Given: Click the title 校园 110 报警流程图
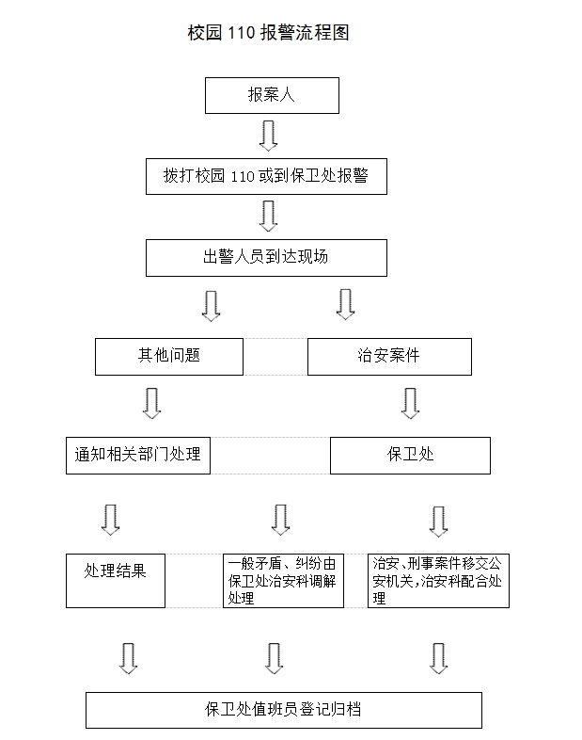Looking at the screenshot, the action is click(x=268, y=33).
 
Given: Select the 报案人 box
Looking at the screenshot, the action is click(x=272, y=95).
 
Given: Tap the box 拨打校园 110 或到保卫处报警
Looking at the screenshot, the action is click(x=266, y=176).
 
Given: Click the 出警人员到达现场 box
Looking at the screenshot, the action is click(x=266, y=258).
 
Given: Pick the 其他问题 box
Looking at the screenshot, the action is click(x=169, y=357).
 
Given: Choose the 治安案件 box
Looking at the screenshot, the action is click(x=389, y=357).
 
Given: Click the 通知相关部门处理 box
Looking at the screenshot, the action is click(x=138, y=456).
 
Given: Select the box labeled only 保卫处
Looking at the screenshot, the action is click(x=410, y=456).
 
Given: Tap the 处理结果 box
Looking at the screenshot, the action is click(x=116, y=581).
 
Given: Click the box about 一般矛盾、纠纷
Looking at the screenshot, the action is click(x=283, y=581).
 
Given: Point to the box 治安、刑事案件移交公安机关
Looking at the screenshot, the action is click(x=438, y=581).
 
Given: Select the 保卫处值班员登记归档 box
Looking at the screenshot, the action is click(x=284, y=710).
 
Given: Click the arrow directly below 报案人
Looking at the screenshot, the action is click(x=269, y=136).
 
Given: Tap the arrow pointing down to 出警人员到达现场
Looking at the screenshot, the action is click(x=269, y=217).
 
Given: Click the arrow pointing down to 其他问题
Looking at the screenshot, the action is click(x=212, y=306).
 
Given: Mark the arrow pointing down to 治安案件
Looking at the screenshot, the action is click(x=345, y=305).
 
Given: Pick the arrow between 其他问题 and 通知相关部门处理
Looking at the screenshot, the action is click(x=151, y=404).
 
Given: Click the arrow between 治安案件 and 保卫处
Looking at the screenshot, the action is click(x=411, y=404).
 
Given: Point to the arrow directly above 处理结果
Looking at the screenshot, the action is click(x=111, y=520).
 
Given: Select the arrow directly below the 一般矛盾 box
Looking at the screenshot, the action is click(x=275, y=658).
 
